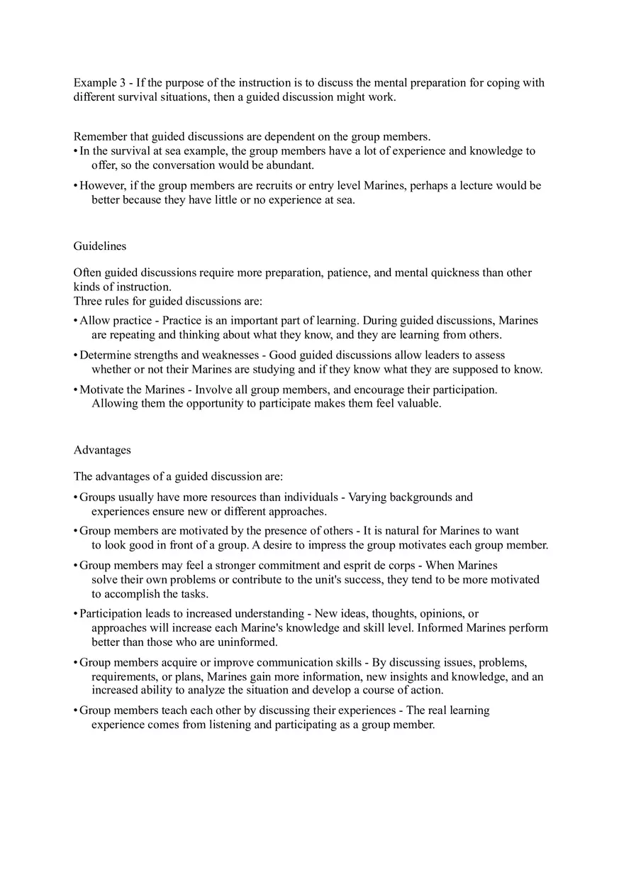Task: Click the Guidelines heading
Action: (100, 246)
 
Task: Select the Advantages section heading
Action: (102, 450)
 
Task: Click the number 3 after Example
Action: (122, 83)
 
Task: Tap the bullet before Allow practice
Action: (75, 321)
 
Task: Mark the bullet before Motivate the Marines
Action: (75, 390)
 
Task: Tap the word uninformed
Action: (250, 642)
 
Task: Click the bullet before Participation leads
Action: (75, 614)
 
